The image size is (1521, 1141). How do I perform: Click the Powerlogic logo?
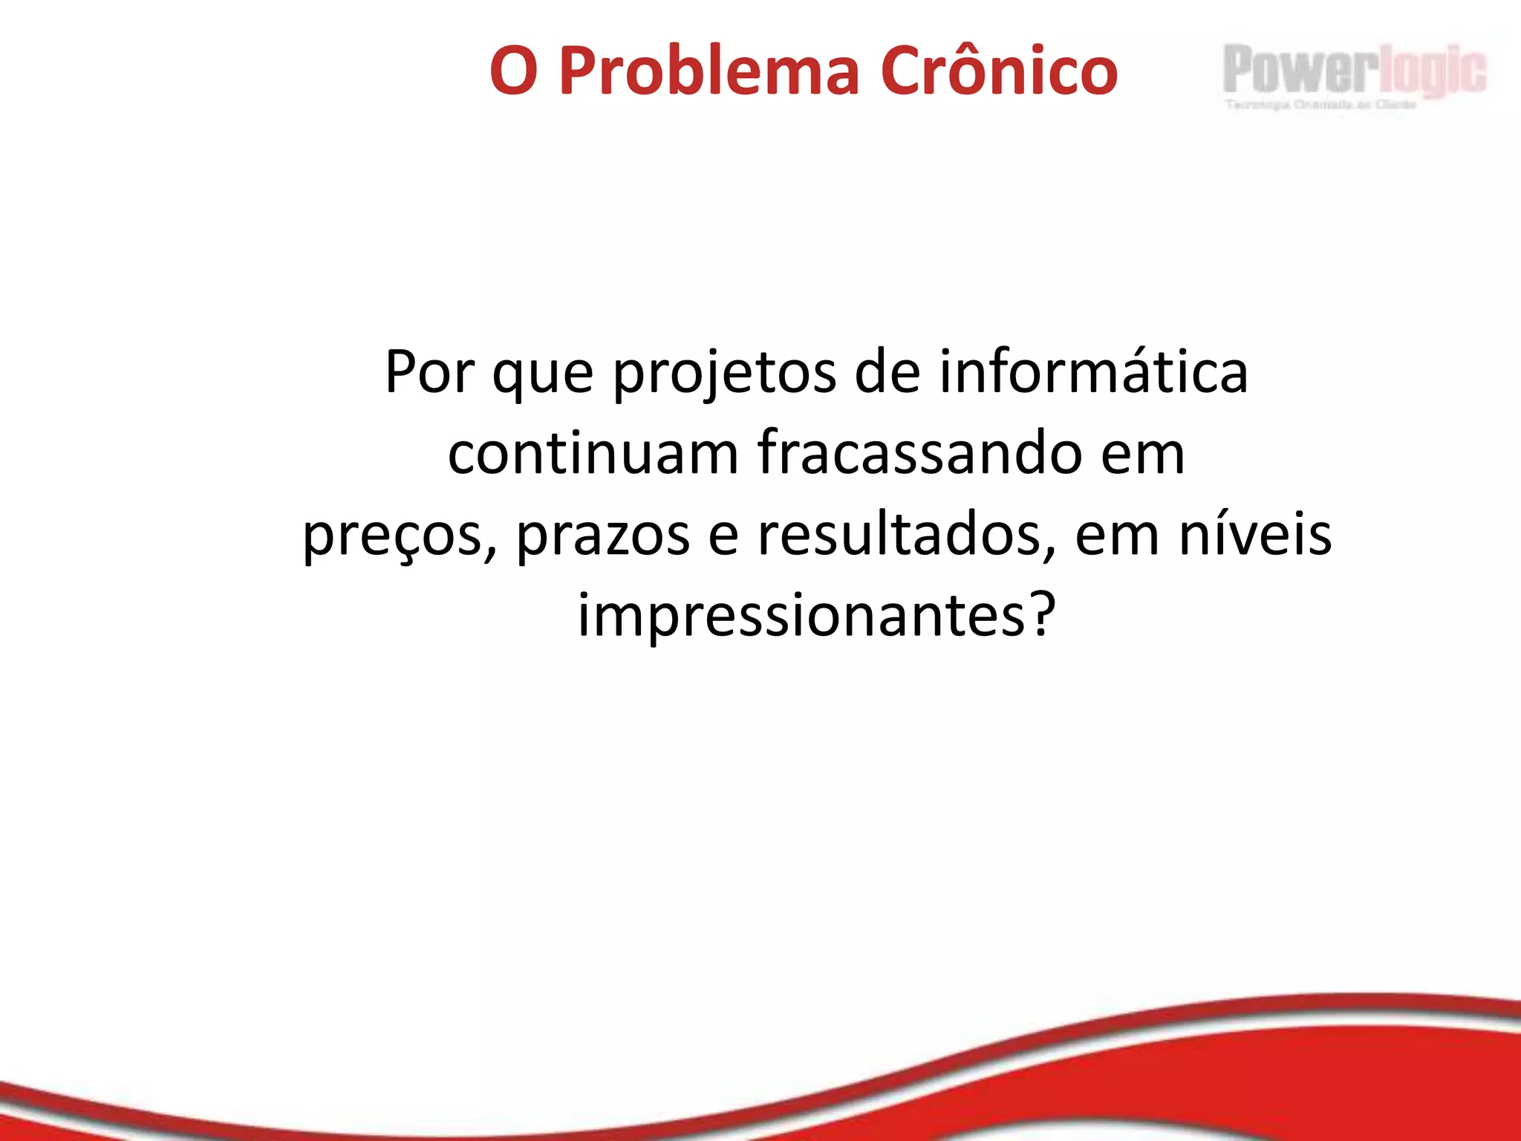click(x=1355, y=69)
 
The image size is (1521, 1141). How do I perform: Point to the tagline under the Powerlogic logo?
click(x=1320, y=105)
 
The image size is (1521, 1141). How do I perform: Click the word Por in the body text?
click(x=429, y=371)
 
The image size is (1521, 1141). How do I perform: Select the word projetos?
click(x=724, y=375)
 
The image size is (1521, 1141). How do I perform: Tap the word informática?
click(x=1093, y=371)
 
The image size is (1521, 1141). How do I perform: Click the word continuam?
click(x=593, y=452)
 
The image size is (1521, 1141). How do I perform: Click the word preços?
click(x=400, y=536)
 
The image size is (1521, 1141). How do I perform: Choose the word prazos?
click(x=602, y=536)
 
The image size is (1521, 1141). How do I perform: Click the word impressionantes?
click(x=801, y=616)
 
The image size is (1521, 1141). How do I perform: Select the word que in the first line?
click(x=543, y=375)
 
